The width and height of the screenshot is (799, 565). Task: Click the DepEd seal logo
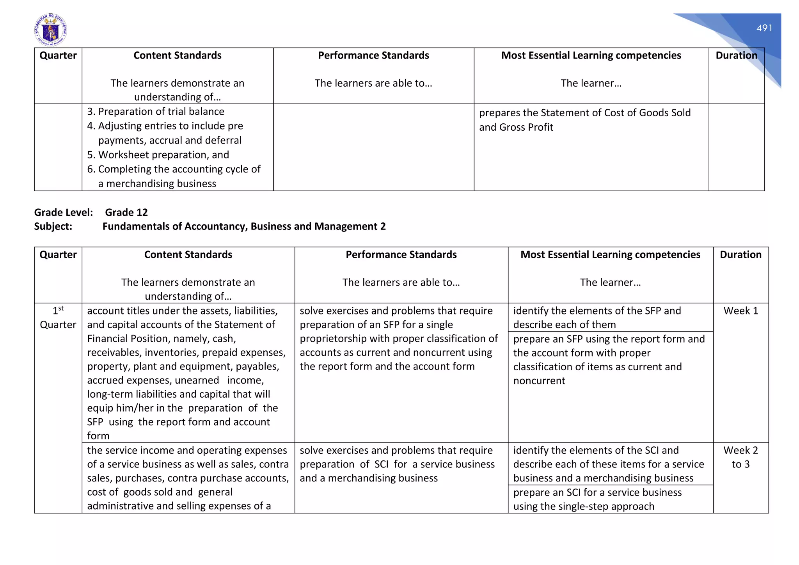(x=50, y=30)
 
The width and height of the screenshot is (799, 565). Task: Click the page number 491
(x=764, y=28)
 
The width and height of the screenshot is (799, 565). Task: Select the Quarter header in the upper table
(x=58, y=55)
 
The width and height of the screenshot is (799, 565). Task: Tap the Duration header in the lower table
(x=740, y=255)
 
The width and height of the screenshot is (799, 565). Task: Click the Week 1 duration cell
(x=740, y=311)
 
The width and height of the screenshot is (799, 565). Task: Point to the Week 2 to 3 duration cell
(x=740, y=457)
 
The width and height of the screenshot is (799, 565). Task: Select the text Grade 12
(x=126, y=213)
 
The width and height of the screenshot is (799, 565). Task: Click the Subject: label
(x=53, y=227)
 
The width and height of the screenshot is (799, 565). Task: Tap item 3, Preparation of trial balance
(x=156, y=112)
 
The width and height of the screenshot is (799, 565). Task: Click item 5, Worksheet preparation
(x=158, y=155)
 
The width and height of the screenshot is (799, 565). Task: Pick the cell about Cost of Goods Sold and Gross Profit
(x=584, y=120)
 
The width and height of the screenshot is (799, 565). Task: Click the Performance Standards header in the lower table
(x=401, y=255)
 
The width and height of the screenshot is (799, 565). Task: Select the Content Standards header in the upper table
(x=178, y=55)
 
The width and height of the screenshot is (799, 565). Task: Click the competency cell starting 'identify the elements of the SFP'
(x=597, y=318)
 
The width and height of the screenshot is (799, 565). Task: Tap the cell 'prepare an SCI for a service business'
(x=597, y=499)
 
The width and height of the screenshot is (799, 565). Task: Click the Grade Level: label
(x=64, y=213)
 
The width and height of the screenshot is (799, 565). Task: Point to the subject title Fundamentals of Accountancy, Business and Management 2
(x=244, y=227)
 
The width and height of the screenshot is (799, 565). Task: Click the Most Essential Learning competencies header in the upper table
(x=591, y=55)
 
